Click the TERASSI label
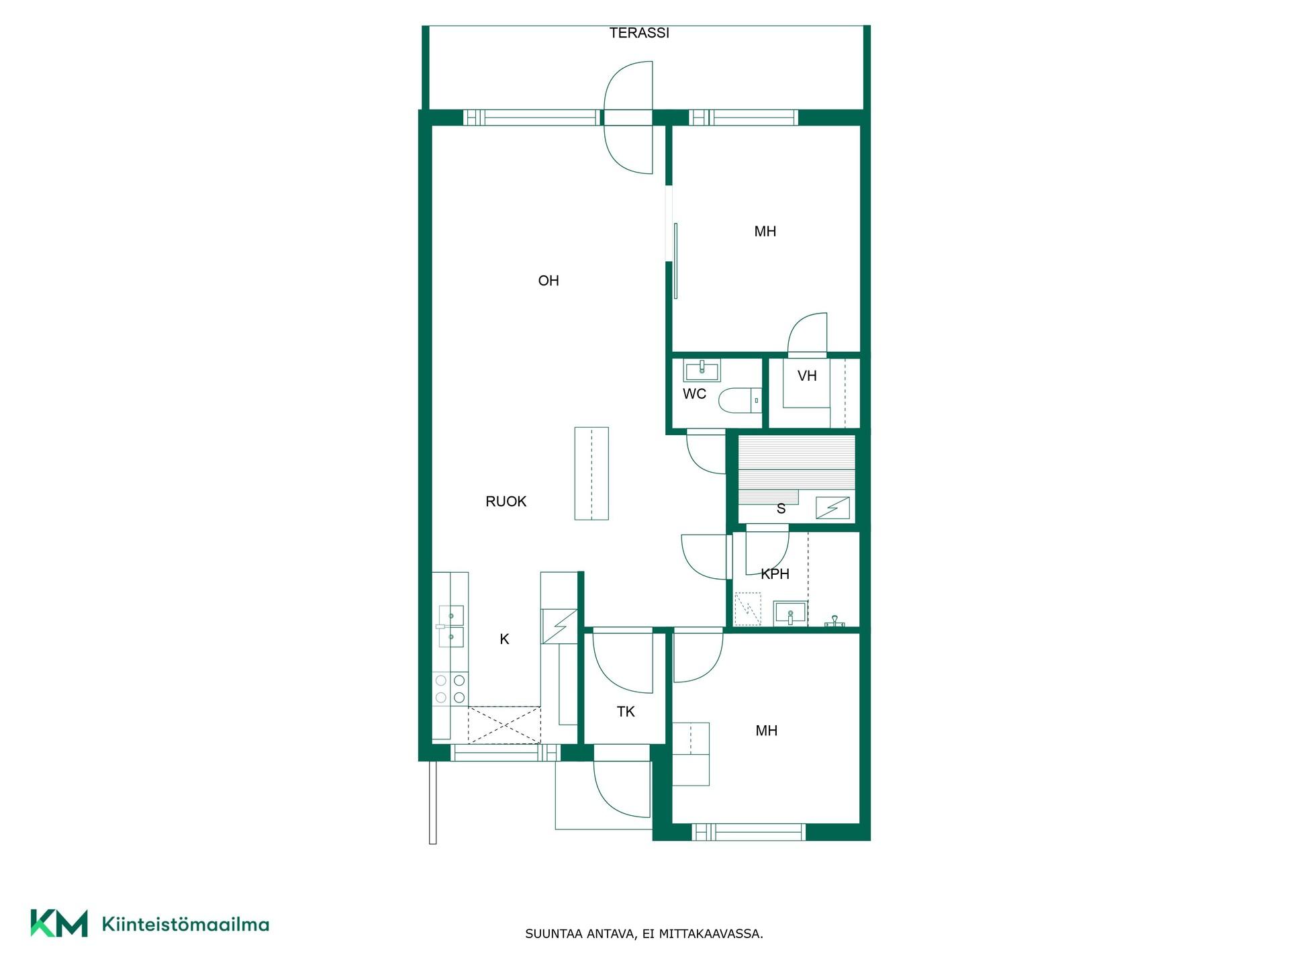(x=639, y=33)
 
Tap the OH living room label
(x=548, y=281)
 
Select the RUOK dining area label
(x=506, y=502)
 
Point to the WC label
(x=694, y=394)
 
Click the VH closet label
(x=807, y=376)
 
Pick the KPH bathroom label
(x=775, y=574)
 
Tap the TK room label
(x=626, y=712)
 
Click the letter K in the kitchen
(x=504, y=639)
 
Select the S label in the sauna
(x=781, y=509)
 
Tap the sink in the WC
(x=702, y=370)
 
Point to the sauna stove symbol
(x=832, y=508)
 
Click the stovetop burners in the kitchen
(x=450, y=689)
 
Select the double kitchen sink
(x=450, y=627)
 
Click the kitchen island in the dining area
(x=591, y=473)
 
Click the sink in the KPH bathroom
(x=790, y=613)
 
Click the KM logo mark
(x=59, y=923)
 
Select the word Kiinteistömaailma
(x=185, y=924)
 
